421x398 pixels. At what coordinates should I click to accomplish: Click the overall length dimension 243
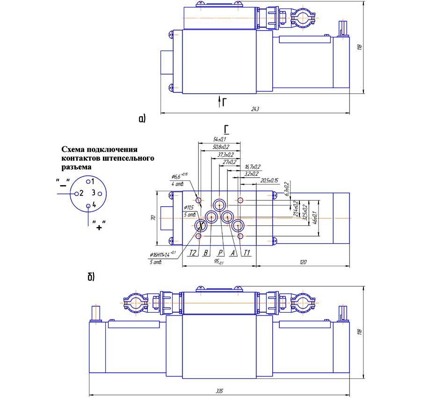(255, 109)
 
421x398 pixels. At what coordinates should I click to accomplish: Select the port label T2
(192, 253)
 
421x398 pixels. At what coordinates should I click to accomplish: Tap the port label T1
(247, 253)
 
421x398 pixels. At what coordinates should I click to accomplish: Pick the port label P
(220, 253)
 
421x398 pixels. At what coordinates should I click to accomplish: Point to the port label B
(205, 253)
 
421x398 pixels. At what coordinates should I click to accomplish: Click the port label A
(232, 253)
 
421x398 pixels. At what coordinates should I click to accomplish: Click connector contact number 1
(93, 181)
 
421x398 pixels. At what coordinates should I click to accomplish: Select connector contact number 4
(94, 204)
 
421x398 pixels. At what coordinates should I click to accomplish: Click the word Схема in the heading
(74, 150)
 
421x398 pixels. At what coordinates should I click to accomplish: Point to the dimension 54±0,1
(219, 139)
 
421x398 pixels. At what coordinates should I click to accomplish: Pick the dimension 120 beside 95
(303, 263)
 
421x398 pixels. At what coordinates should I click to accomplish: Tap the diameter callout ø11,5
(189, 207)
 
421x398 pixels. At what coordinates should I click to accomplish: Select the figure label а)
(142, 119)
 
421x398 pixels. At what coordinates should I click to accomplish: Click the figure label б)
(91, 277)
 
